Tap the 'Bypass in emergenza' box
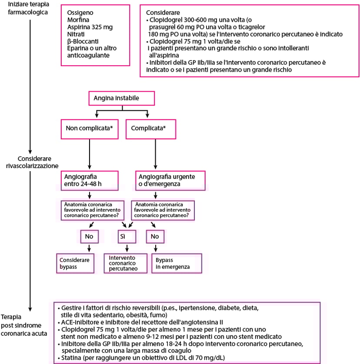pos(176,263)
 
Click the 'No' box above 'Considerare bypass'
pos(89,236)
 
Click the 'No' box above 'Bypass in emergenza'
pos(154,236)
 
